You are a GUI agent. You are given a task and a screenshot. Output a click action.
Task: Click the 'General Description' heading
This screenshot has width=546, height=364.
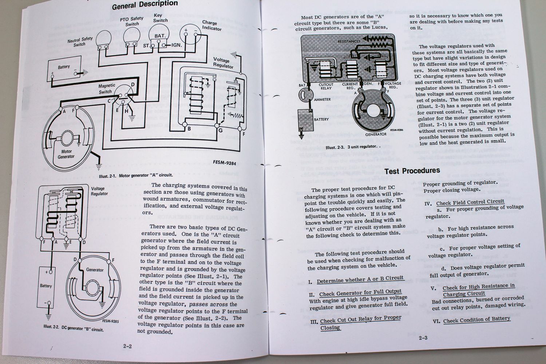point(145,5)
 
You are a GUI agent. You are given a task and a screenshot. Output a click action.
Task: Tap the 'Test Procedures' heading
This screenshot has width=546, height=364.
point(412,170)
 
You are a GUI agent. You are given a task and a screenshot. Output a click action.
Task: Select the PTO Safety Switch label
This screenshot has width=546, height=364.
point(132,21)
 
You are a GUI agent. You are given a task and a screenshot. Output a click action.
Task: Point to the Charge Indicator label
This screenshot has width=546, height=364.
point(212,25)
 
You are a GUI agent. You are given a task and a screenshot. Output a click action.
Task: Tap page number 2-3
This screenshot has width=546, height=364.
point(423,338)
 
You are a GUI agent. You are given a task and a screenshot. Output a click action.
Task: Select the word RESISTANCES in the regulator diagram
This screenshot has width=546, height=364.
point(349,41)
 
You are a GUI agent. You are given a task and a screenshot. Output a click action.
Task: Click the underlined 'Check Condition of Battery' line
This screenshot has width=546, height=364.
point(476,320)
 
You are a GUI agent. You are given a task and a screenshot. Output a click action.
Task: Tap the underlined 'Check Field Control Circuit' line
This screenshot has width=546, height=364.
point(470,202)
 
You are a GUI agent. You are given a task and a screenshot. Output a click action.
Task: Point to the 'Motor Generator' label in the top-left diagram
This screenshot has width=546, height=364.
point(66,154)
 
